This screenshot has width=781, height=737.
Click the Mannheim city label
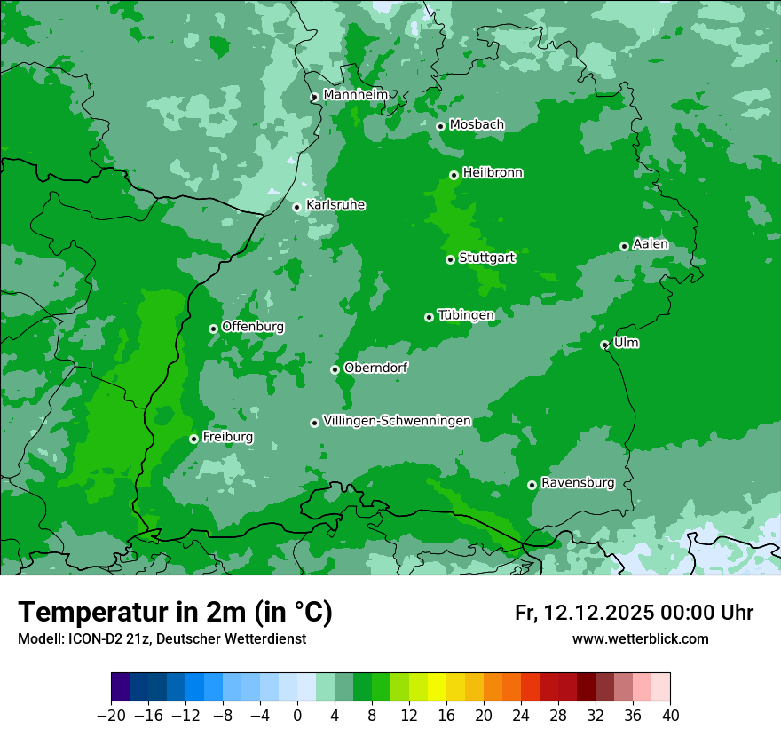355,94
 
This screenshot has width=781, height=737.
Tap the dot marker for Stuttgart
451,259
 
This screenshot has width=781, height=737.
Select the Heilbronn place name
493,173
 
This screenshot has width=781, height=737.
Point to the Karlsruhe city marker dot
297,207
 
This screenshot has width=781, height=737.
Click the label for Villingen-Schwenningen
397,421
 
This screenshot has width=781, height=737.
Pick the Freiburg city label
227,437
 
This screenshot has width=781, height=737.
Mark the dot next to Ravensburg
532,485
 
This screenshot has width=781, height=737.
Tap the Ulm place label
626,343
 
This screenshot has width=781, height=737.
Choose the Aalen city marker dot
625,246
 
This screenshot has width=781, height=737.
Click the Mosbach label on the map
477,124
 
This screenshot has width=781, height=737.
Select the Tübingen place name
466,315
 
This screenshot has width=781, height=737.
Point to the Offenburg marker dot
214,329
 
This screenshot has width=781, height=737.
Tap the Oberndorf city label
376,368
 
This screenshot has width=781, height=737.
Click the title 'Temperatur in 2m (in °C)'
175,612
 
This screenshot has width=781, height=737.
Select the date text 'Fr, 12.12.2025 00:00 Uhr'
634,613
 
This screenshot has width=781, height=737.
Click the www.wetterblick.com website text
640,638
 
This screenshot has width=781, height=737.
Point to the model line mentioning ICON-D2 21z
162,638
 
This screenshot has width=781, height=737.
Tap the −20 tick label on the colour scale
111,716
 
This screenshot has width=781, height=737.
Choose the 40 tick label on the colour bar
670,716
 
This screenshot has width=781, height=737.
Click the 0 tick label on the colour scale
297,716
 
